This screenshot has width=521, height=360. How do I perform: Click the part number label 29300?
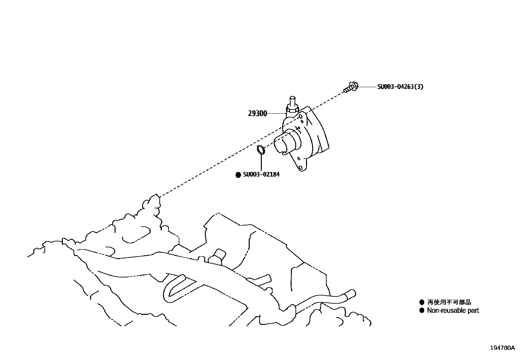(258, 114)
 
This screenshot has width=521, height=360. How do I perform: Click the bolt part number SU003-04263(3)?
(400, 87)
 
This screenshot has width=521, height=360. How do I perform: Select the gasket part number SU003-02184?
(261, 175)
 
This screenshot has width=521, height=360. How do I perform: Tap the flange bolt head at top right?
(353, 86)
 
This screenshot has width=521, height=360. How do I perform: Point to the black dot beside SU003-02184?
(238, 175)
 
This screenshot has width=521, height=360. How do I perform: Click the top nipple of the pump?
(292, 100)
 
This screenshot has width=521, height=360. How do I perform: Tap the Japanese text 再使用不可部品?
(449, 302)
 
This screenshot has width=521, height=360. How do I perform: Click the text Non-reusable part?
(453, 311)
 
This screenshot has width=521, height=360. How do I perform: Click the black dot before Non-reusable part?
(422, 310)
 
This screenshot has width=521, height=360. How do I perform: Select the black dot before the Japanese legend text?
(422, 302)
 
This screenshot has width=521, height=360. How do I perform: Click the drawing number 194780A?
(502, 348)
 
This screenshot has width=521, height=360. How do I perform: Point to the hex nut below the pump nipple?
(292, 108)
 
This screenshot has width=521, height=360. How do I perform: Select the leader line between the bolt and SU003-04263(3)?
(367, 87)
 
